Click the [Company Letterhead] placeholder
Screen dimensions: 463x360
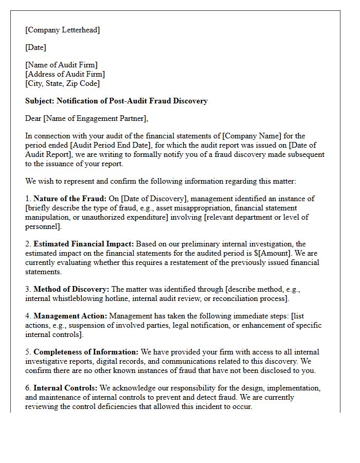[x=62, y=30]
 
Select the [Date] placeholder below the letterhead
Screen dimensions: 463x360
[x=35, y=47]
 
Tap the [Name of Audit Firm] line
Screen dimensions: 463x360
[x=61, y=65]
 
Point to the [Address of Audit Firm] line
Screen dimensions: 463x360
[x=65, y=74]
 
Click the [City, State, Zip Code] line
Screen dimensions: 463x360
[x=62, y=83]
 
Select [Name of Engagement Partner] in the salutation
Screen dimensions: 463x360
[x=95, y=119]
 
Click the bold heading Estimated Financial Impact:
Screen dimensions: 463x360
[x=84, y=244]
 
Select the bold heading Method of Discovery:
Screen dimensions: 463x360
[x=71, y=289]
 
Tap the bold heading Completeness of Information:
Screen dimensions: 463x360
[x=86, y=352]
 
